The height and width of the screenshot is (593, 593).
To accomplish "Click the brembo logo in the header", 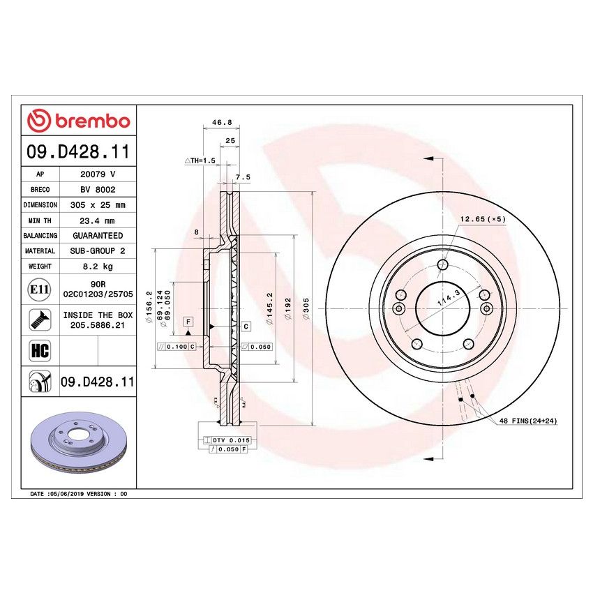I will [79, 121].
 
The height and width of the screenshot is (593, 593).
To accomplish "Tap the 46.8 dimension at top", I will [220, 123].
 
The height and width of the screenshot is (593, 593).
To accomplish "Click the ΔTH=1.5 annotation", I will [200, 160].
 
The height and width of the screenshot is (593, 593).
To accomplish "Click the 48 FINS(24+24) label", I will [527, 422].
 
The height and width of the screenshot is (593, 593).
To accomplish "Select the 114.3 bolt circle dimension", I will [443, 301].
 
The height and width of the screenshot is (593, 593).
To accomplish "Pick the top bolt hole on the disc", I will [442, 264].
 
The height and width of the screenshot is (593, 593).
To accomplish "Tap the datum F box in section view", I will [188, 321].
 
